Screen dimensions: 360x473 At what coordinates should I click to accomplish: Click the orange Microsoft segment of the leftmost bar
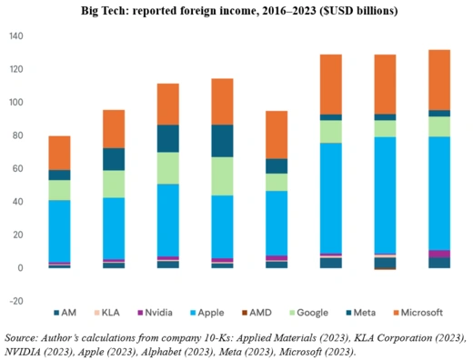[60, 153]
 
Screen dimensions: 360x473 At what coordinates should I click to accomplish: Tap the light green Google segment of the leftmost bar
[60, 189]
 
